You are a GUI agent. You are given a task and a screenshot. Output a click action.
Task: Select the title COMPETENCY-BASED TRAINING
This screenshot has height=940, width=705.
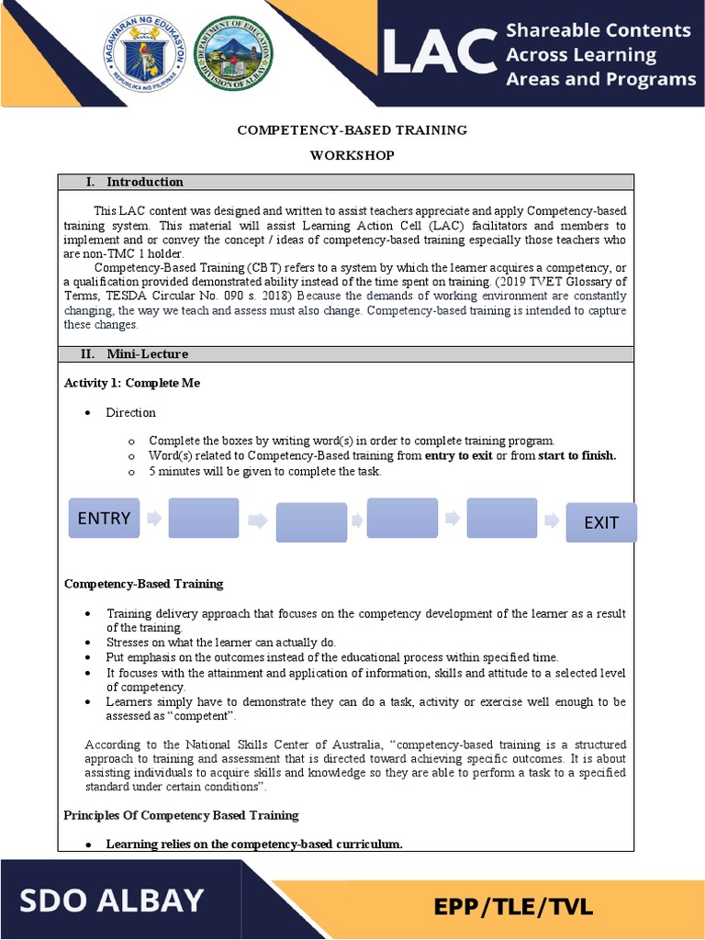[x=352, y=130]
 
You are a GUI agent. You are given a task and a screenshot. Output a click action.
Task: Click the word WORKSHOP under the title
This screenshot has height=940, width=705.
[x=352, y=155]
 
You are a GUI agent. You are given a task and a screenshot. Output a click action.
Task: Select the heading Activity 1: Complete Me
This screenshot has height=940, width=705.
[x=132, y=383]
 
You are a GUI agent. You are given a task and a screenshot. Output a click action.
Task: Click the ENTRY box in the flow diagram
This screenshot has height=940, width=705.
[x=104, y=519]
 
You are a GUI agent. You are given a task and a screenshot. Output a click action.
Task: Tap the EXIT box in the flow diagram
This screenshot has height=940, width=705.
[x=600, y=522]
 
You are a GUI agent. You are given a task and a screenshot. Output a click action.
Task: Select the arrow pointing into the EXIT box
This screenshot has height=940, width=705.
[x=551, y=520]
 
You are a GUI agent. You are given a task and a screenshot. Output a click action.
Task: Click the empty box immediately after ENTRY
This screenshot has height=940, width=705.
[x=203, y=519]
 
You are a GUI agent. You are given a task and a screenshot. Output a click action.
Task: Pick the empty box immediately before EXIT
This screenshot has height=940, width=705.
[x=501, y=519]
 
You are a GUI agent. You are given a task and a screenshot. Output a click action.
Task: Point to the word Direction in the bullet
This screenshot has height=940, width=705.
[x=130, y=413]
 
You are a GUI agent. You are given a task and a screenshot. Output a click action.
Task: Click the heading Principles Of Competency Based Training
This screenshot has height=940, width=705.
[x=181, y=815]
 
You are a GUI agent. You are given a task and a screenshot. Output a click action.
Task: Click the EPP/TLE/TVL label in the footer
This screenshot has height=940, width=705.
[x=514, y=908]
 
